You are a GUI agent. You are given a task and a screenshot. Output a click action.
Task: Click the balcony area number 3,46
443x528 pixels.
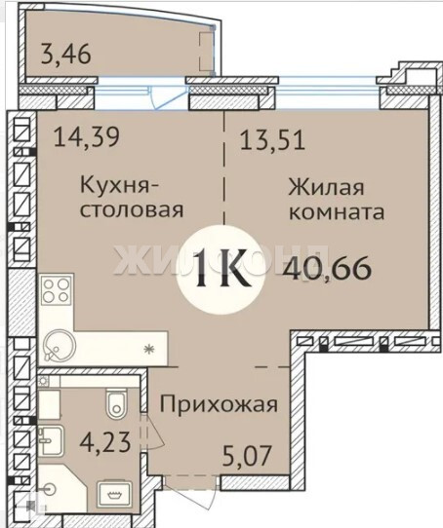(65, 55)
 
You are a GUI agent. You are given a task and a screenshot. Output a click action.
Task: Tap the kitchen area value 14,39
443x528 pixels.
(87, 137)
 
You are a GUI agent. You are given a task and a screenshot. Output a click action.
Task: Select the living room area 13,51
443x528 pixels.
(272, 140)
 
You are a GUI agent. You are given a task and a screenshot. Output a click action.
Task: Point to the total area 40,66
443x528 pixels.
(327, 268)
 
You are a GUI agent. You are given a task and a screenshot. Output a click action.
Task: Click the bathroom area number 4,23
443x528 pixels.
(105, 442)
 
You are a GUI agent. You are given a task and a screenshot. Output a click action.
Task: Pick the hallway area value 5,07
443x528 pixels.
(247, 456)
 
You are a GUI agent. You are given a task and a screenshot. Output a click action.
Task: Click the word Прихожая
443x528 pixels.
(219, 404)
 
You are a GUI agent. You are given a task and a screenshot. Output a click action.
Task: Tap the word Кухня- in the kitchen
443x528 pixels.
(119, 186)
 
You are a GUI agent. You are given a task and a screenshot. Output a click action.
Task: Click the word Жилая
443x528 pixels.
(326, 187)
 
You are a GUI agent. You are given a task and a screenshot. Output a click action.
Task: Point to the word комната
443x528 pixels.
(337, 212)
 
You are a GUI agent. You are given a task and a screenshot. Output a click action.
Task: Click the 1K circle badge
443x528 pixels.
(221, 270)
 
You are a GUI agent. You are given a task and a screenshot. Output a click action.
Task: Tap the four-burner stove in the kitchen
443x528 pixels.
(57, 290)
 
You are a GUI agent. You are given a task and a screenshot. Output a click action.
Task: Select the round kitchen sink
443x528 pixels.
(60, 346)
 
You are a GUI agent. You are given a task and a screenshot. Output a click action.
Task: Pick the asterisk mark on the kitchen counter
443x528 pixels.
(148, 350)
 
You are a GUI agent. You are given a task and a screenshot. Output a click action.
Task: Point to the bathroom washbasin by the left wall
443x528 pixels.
(51, 440)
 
